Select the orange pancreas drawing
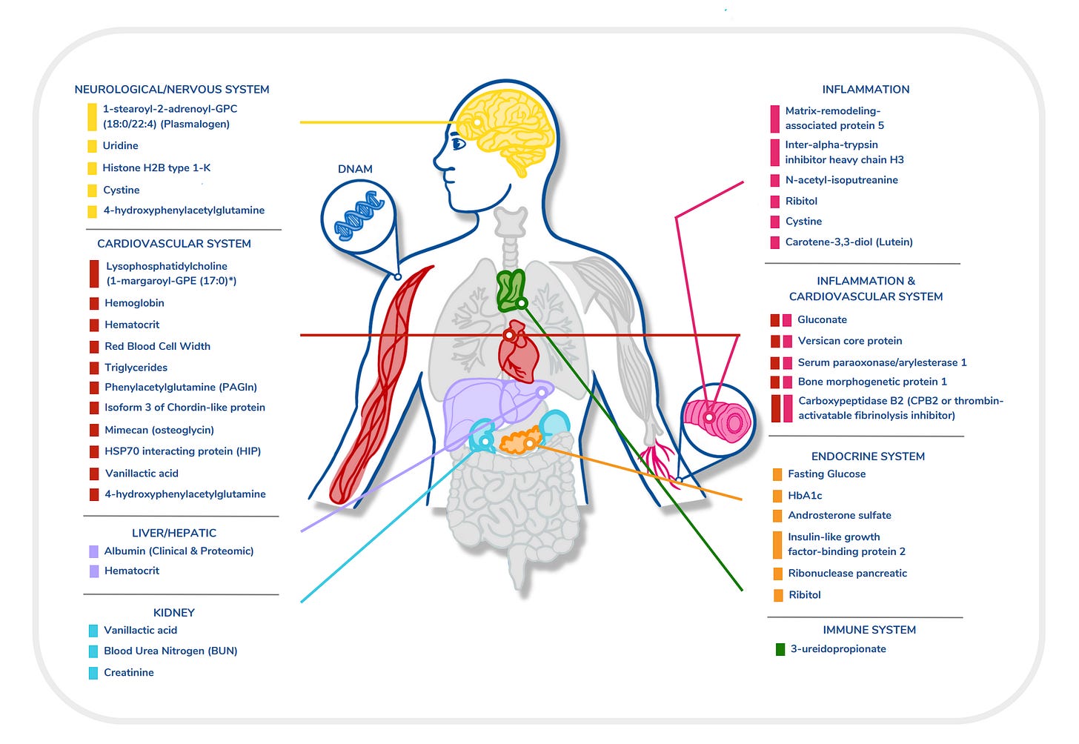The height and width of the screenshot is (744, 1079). [x=519, y=440]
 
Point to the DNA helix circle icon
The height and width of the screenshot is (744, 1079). [x=359, y=216]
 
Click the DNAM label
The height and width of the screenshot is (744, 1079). [x=355, y=169]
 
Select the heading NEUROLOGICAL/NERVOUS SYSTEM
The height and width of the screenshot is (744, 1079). [x=172, y=90]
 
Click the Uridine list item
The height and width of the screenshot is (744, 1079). [x=120, y=146]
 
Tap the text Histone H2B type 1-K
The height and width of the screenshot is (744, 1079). [x=156, y=168]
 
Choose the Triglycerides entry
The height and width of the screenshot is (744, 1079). [x=136, y=368]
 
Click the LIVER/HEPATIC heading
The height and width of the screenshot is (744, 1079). [x=174, y=533]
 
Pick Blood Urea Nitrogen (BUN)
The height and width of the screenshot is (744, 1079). [x=170, y=651]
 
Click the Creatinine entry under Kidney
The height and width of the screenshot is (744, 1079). [x=129, y=673]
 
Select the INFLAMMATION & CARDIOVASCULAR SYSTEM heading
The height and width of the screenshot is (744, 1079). [x=866, y=289]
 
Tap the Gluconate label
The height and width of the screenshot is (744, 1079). [x=822, y=320]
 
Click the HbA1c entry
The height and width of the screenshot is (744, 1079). [x=805, y=496]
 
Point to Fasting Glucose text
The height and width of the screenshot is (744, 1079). [x=826, y=474]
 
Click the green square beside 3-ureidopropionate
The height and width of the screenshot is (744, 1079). [x=780, y=650]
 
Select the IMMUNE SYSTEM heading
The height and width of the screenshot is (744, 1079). [x=869, y=630]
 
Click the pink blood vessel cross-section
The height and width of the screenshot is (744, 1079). [x=717, y=420]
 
